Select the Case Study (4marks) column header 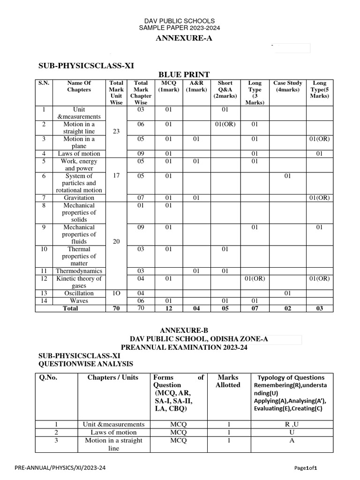pos(287,86)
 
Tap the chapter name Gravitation pos(79,198)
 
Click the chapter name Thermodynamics pos(79,271)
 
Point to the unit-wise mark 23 pos(116,132)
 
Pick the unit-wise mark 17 pos(116,176)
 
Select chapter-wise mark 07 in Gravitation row pos(141,198)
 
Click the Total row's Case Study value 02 pos(287,308)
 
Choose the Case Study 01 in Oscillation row pos(287,293)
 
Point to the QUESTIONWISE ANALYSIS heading pos(86,364)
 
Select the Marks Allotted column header pos(228,381)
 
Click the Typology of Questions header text pos(291,377)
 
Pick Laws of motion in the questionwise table pos(113,432)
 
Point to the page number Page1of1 pos(309,468)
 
